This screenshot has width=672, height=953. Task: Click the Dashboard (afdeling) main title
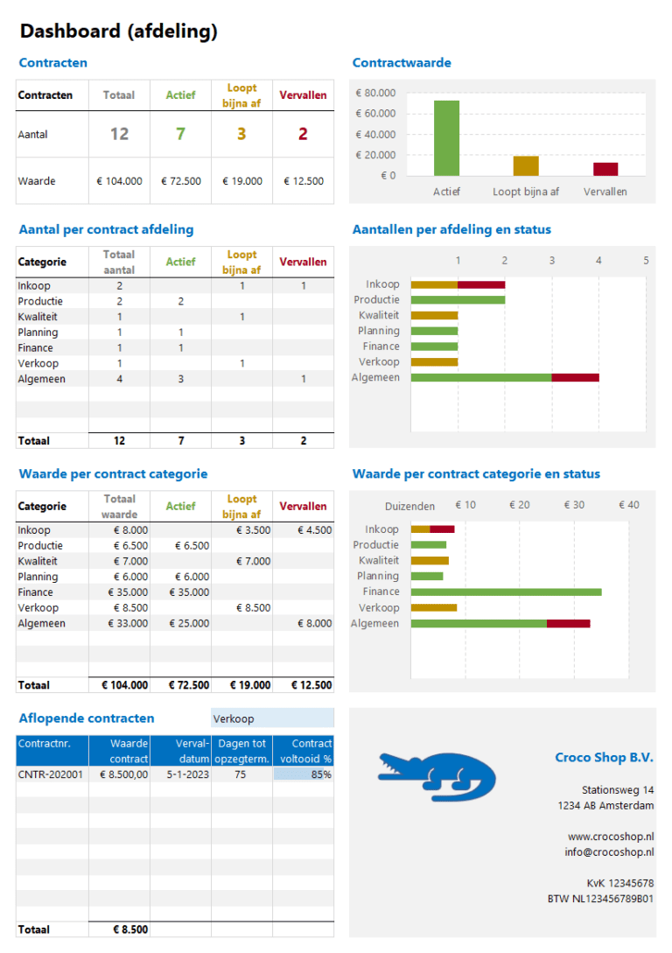(118, 32)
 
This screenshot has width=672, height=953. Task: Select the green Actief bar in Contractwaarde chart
(446, 138)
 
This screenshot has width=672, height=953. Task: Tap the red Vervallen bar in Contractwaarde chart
(605, 169)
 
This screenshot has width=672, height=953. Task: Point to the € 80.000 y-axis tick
(375, 93)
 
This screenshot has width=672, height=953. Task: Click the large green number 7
(180, 134)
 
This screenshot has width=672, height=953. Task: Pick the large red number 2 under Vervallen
(303, 134)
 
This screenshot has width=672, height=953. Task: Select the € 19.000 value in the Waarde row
(241, 181)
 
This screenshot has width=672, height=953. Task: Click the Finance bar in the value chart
(506, 592)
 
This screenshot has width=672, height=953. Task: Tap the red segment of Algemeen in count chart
(575, 377)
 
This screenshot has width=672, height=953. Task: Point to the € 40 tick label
(628, 505)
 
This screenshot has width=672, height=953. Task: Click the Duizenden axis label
(409, 506)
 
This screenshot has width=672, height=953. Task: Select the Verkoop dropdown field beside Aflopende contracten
(271, 718)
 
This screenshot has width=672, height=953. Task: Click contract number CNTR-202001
(51, 774)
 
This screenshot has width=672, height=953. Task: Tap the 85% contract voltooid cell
(303, 774)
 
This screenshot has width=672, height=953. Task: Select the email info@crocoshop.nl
(609, 852)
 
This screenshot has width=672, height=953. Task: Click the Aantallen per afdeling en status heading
(451, 230)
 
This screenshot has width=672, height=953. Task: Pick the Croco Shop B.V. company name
(604, 758)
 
